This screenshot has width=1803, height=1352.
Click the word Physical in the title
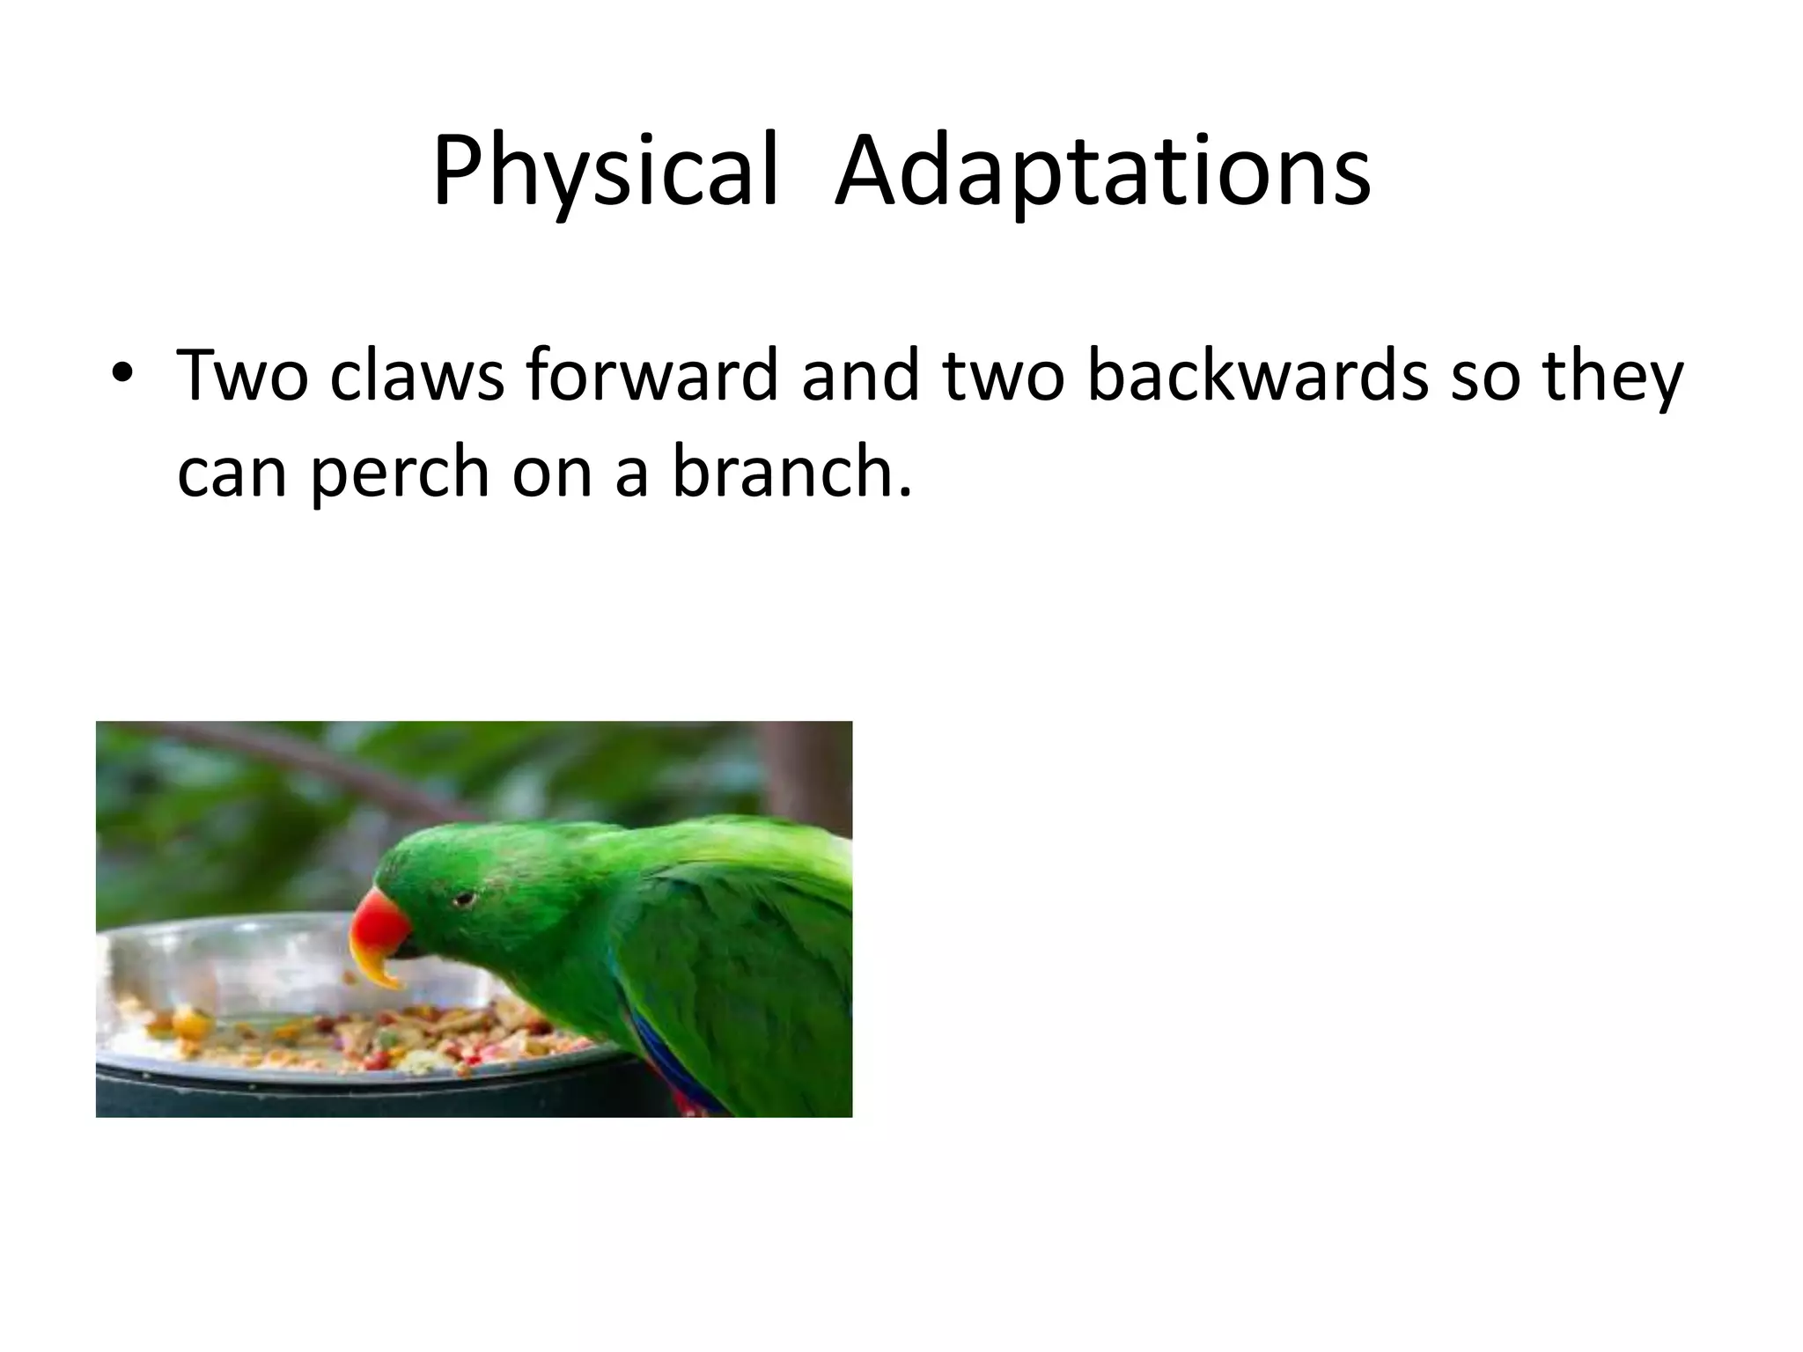(606, 172)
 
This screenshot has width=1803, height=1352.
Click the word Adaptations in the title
(1102, 172)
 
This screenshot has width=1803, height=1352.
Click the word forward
(651, 376)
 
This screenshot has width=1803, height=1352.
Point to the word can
(232, 474)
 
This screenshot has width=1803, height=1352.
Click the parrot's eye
(464, 900)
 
